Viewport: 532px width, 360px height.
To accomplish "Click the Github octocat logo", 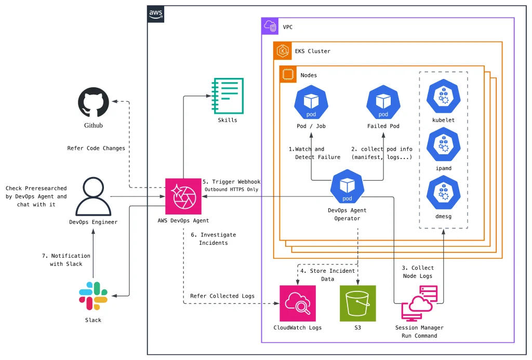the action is pyautogui.click(x=94, y=102).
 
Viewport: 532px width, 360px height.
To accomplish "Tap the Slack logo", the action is pyautogui.click(x=93, y=296).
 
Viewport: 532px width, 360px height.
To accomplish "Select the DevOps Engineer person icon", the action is pyautogui.click(x=94, y=196).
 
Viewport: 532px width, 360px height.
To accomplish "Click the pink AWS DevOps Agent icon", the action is pyautogui.click(x=183, y=196).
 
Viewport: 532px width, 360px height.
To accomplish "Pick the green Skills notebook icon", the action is pyautogui.click(x=228, y=96).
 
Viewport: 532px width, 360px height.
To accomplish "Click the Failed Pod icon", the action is pyautogui.click(x=383, y=102).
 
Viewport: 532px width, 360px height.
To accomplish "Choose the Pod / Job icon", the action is pyautogui.click(x=311, y=102).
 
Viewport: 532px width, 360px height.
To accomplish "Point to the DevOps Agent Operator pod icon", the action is pyautogui.click(x=347, y=186).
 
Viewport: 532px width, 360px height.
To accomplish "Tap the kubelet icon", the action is pyautogui.click(x=444, y=96).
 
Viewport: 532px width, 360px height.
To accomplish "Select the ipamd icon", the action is pyautogui.click(x=444, y=144).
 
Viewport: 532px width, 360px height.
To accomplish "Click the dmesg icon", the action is pyautogui.click(x=444, y=192).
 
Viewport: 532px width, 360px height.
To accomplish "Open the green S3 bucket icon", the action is pyautogui.click(x=358, y=303).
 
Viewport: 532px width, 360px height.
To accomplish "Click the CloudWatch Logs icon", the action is pyautogui.click(x=298, y=303).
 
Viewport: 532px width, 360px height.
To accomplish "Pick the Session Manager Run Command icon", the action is pyautogui.click(x=419, y=303).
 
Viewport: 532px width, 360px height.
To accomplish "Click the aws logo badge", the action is pyautogui.click(x=156, y=14).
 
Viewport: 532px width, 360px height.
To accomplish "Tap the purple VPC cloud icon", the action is pyautogui.click(x=270, y=26).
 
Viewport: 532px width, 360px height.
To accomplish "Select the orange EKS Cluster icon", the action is pyautogui.click(x=283, y=50).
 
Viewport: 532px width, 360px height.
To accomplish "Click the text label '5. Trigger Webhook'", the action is pyautogui.click(x=232, y=182).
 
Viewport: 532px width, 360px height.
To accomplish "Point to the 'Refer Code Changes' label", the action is pyautogui.click(x=96, y=148).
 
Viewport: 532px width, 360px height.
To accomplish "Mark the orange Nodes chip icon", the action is pyautogui.click(x=288, y=74).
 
